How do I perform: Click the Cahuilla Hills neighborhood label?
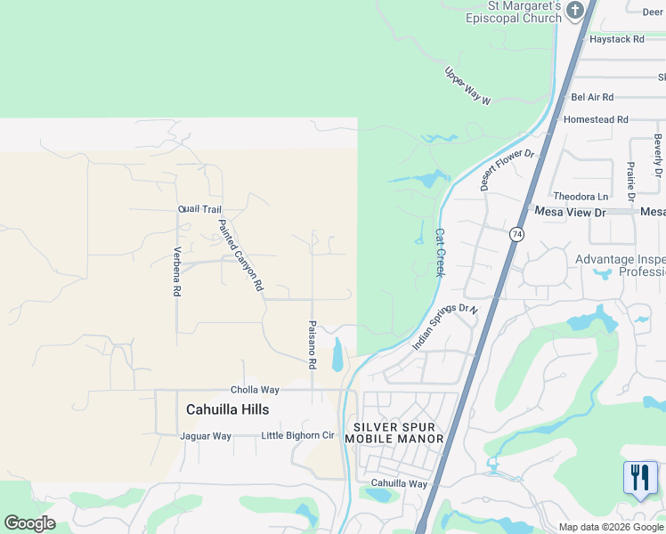click(227, 409)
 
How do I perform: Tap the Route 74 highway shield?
click(516, 234)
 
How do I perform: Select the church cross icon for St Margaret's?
click(575, 11)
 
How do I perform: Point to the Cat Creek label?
click(439, 253)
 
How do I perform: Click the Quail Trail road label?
click(199, 209)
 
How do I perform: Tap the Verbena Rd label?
click(177, 271)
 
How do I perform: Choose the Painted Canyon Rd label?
click(241, 256)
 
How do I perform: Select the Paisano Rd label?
click(313, 345)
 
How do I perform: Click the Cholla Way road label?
click(256, 390)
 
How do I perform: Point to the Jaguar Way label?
click(206, 436)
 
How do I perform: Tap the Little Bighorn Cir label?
click(297, 436)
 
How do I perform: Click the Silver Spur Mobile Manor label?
click(394, 433)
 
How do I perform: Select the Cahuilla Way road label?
click(399, 484)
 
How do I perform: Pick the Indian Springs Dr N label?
click(445, 327)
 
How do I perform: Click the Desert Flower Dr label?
click(507, 169)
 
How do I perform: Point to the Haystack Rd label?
click(615, 40)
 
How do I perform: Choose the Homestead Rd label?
click(596, 119)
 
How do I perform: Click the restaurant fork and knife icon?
click(639, 478)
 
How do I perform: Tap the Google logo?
click(29, 523)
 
